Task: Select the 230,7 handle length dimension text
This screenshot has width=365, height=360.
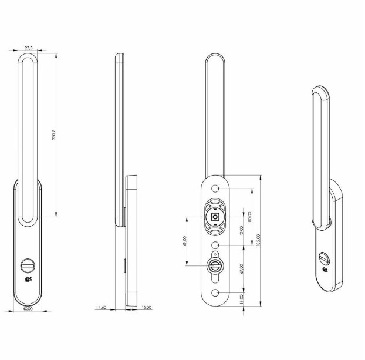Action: [53, 134]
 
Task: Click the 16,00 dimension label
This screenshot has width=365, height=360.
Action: [146, 307]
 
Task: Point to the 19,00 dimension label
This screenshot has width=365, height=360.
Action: [241, 298]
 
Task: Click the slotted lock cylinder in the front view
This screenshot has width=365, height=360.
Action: [28, 265]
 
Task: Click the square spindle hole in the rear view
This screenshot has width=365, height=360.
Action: [215, 217]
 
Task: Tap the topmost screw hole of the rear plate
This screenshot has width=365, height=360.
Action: [215, 189]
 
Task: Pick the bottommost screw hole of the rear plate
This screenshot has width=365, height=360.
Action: [215, 292]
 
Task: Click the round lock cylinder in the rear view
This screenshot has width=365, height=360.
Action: [215, 265]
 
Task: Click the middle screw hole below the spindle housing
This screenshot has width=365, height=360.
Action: [215, 244]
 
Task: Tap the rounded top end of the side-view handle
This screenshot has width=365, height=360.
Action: [119, 57]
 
